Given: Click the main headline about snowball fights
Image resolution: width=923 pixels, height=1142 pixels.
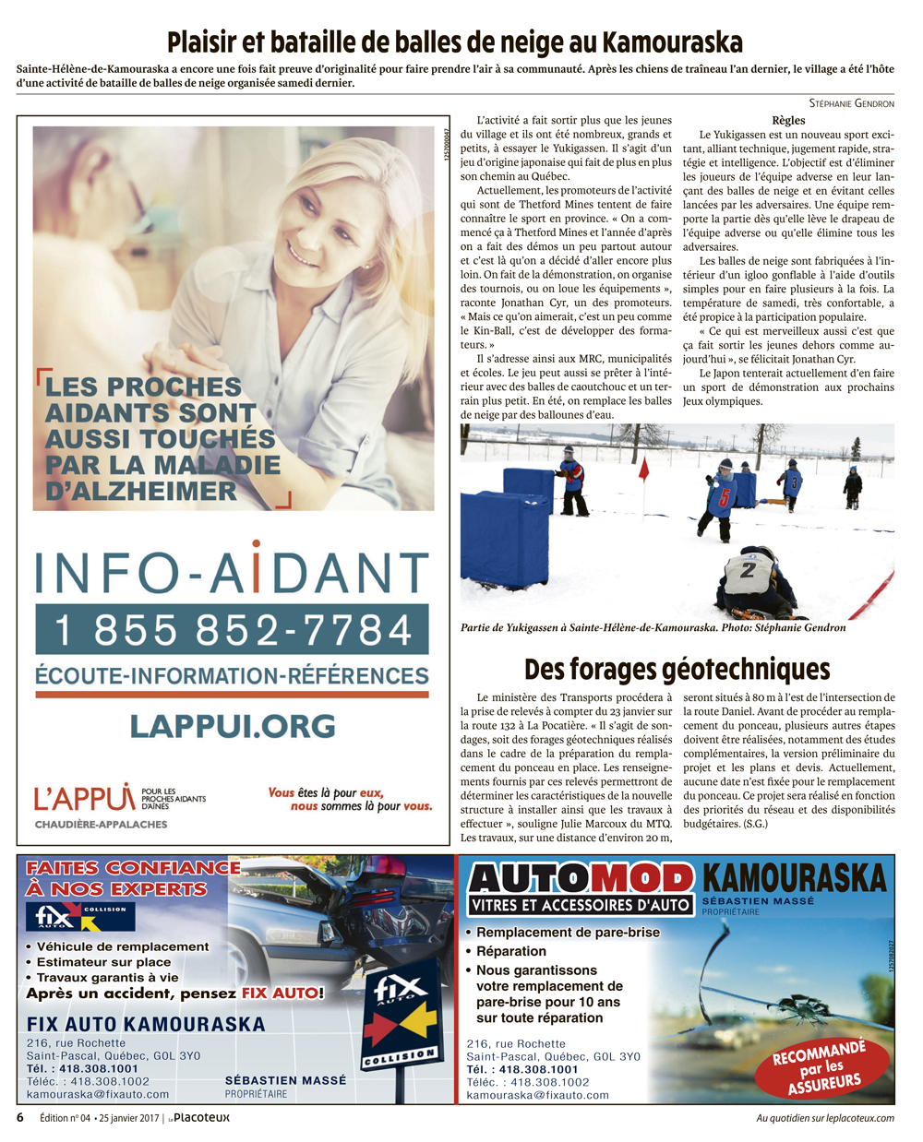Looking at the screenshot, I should pyautogui.click(x=455, y=42).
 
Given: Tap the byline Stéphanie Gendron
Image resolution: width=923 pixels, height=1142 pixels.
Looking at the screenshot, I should pyautogui.click(x=851, y=102).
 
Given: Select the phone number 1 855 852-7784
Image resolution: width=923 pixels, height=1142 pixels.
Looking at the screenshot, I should pyautogui.click(x=233, y=630).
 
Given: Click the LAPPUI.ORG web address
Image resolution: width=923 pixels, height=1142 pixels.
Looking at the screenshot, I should pyautogui.click(x=233, y=725).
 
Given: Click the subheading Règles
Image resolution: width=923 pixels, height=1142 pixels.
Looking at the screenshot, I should pyautogui.click(x=788, y=120).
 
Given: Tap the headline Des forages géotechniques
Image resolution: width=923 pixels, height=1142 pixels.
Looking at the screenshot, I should pyautogui.click(x=677, y=669).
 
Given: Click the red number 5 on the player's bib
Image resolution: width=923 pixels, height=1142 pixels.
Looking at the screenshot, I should pyautogui.click(x=725, y=498).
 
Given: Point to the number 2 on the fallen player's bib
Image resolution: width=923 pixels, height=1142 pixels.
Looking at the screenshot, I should pyautogui.click(x=747, y=571).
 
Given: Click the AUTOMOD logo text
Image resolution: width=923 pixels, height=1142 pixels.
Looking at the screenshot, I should pyautogui.click(x=581, y=878).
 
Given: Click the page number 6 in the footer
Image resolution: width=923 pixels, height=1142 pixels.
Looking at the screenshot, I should pyautogui.click(x=20, y=1117).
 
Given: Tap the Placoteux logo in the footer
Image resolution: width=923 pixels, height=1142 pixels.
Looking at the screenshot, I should pyautogui.click(x=201, y=1117).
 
